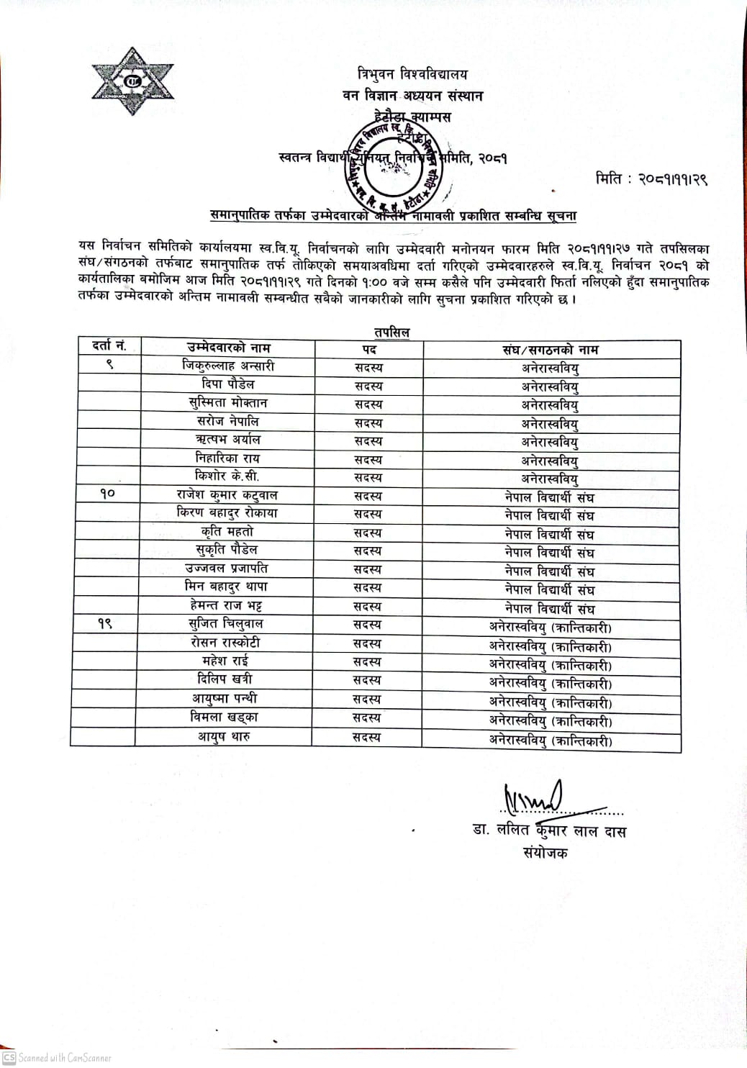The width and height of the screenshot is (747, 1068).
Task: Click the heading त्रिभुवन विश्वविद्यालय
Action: tap(412, 74)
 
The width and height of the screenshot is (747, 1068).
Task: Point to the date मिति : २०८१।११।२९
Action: tap(651, 178)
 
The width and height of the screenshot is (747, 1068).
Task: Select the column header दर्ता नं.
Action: tap(109, 346)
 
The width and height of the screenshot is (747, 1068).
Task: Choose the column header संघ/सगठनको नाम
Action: tap(551, 350)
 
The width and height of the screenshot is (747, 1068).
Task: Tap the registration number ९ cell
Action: tap(109, 366)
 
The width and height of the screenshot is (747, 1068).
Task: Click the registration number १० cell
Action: tap(107, 494)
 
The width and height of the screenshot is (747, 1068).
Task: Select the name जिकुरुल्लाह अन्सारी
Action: tap(228, 366)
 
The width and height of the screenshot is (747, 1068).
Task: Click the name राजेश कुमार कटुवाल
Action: tap(227, 495)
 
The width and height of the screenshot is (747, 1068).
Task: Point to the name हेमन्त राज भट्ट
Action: tap(226, 605)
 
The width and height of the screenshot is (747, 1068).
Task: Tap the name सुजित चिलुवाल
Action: tap(226, 624)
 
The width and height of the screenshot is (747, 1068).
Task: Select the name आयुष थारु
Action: tap(224, 736)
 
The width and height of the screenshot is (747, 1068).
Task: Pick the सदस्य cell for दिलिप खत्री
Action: tap(368, 680)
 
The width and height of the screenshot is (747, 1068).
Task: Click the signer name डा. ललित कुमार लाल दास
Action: tap(549, 831)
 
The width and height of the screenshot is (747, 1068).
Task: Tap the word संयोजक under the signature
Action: tap(545, 853)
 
